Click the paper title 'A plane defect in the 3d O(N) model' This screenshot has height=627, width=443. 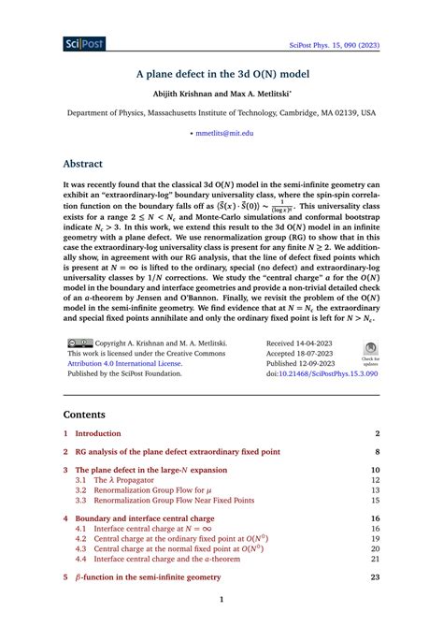pos(221,74)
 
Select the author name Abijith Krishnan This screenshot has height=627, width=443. pos(175,94)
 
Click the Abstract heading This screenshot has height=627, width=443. pos(91,162)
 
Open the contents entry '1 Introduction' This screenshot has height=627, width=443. pos(97,434)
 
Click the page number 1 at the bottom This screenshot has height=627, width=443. pos(221,600)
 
